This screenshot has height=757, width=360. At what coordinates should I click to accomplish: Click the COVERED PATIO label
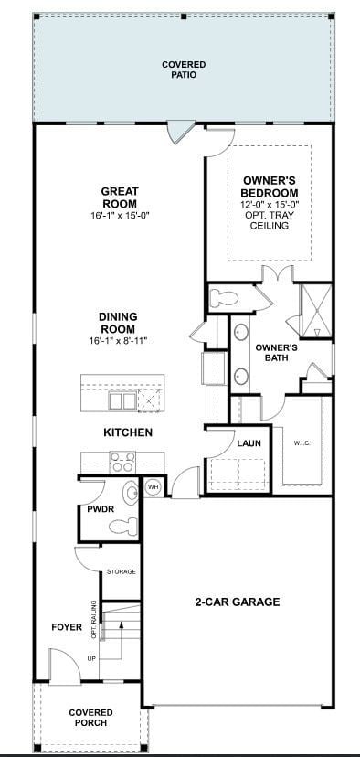pos(184,69)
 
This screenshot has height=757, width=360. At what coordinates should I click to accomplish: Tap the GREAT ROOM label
pos(119,197)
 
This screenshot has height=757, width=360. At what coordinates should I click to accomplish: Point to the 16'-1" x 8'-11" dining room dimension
pos(118,341)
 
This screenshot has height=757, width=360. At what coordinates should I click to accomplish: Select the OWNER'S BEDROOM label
pos(270,187)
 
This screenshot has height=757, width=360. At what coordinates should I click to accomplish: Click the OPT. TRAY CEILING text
pos(270,219)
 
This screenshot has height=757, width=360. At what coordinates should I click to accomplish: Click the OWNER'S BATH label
pos(277,353)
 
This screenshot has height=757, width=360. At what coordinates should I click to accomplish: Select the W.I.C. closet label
pos(303,444)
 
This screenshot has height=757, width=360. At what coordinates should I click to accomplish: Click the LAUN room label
pos(249,443)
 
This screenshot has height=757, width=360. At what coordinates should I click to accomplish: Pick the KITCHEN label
pos(128,432)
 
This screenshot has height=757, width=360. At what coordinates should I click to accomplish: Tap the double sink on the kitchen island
pos(123,400)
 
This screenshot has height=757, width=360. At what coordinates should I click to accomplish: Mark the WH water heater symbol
pos(154,487)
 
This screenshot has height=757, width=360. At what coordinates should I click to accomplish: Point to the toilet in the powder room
pos(123,525)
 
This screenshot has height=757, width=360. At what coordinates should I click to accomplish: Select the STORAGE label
pos(121,571)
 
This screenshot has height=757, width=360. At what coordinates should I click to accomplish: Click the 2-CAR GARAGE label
pos(237,602)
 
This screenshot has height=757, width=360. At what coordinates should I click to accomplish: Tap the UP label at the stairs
pos(90,658)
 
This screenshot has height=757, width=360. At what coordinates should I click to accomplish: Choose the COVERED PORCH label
pos(90,718)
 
